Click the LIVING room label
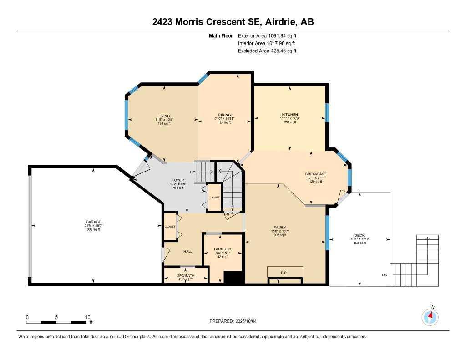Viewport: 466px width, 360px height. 164,115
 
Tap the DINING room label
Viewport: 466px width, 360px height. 224,115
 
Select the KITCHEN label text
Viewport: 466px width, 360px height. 290,114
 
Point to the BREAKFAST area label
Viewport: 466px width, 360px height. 315,174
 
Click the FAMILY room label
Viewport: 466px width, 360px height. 279,227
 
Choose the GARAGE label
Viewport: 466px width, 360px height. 93,222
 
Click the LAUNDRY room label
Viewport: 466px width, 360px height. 223,249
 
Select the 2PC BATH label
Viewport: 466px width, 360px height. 186,276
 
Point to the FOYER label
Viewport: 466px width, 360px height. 177,180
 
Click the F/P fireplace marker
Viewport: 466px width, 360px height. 284,272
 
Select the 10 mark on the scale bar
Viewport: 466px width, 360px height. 88,317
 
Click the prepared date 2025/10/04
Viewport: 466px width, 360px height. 248,321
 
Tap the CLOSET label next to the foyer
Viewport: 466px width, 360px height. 214,197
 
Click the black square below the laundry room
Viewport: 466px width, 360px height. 233,278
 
